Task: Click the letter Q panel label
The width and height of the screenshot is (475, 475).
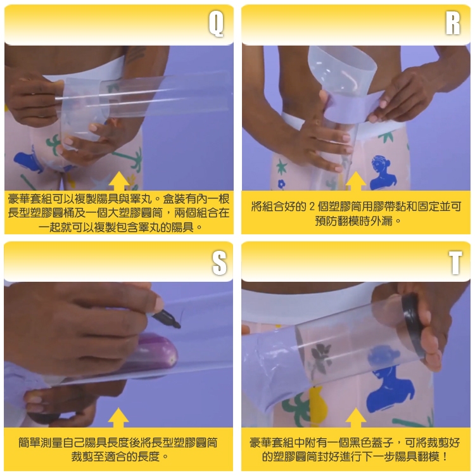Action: [216, 24]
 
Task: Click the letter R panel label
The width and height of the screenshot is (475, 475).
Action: [453, 23]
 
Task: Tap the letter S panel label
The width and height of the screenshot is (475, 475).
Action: [219, 263]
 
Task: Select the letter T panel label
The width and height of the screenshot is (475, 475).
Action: [455, 262]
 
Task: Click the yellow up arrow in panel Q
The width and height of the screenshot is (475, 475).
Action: [119, 181]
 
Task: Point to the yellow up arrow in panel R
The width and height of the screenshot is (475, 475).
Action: [356, 181]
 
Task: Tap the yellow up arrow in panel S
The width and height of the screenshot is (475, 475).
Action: [118, 417]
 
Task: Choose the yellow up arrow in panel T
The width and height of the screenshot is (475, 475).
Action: [356, 417]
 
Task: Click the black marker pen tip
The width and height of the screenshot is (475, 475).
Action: [179, 326]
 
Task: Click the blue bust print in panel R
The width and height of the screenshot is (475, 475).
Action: [383, 173]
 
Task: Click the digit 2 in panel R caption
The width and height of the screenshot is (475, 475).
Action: [312, 206]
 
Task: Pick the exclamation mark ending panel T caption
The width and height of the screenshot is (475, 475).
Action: [445, 457]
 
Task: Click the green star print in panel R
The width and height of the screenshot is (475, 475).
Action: [282, 167]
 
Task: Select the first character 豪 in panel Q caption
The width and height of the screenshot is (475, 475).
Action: [13, 199]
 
